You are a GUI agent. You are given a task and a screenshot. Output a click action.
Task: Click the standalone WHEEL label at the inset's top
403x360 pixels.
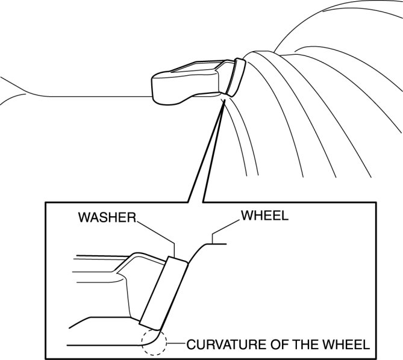tap(264, 215)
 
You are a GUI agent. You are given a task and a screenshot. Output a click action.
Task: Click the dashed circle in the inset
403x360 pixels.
tap(153, 341)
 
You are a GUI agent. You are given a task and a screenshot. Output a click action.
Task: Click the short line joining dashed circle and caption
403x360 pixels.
tap(175, 344)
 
